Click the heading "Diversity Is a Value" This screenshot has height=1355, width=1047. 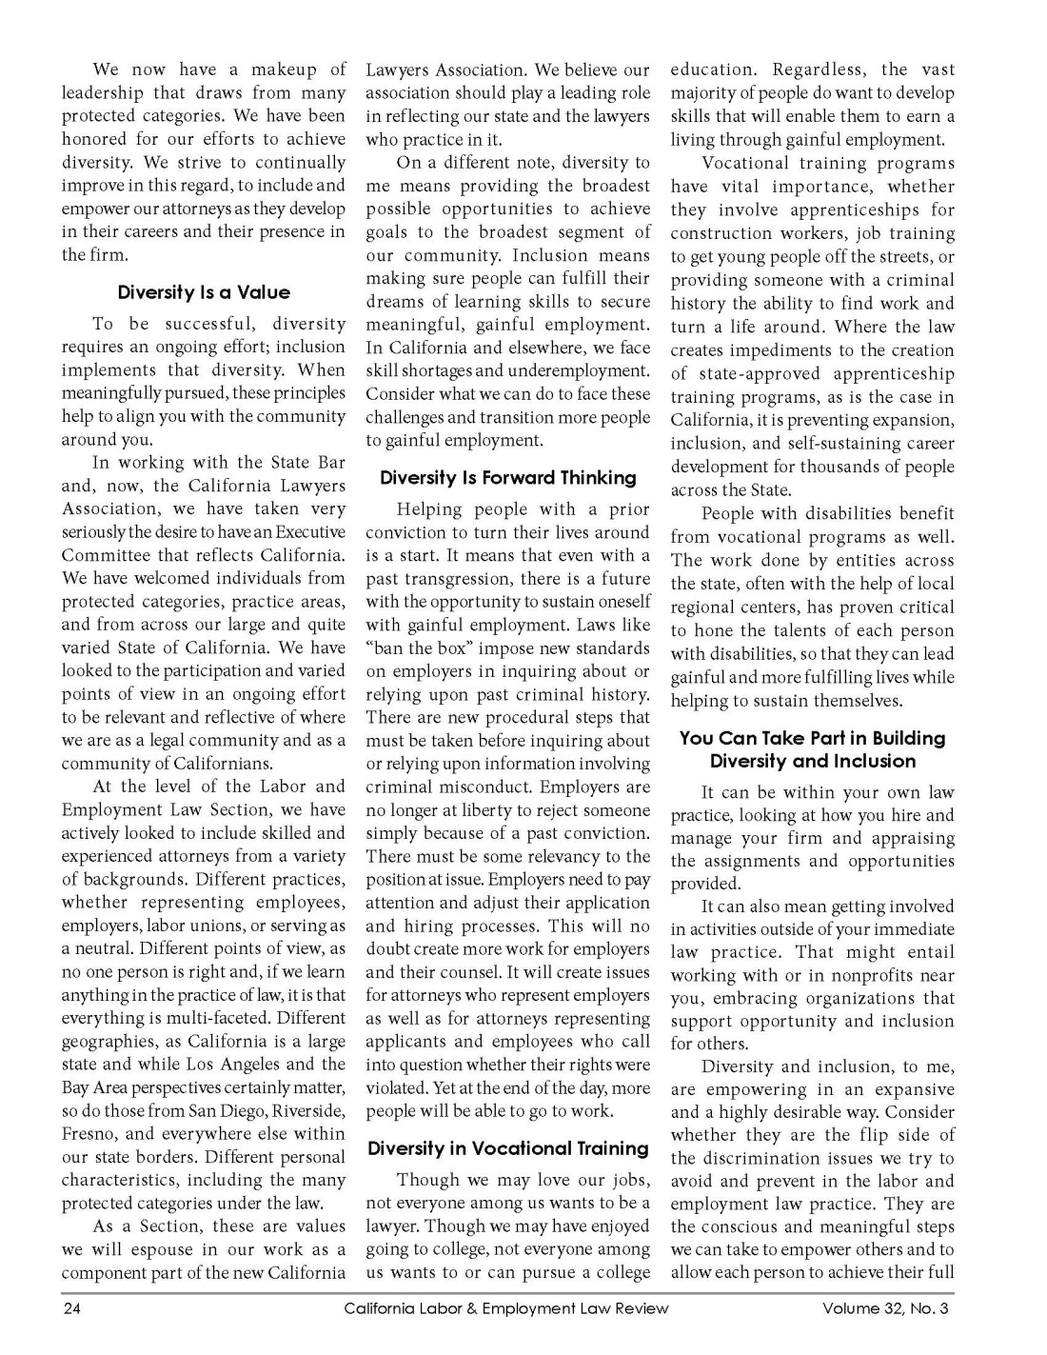(x=204, y=292)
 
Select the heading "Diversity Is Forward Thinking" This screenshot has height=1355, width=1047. (x=508, y=478)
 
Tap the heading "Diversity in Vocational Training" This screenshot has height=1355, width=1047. (x=508, y=1148)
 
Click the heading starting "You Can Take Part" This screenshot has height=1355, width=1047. (x=812, y=749)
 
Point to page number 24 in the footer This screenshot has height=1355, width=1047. (x=72, y=1308)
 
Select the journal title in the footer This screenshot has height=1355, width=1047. (x=506, y=1308)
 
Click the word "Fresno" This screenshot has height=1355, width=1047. (x=90, y=1134)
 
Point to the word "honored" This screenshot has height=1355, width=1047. (x=97, y=139)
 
